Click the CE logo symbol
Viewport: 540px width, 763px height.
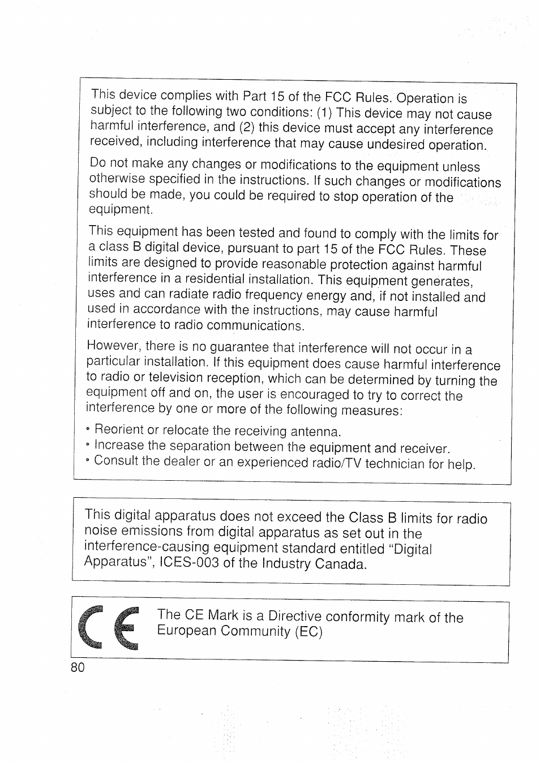point(111,630)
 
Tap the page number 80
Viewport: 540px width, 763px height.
point(78,667)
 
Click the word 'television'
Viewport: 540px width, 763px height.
point(175,377)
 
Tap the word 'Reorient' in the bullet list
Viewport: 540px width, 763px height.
point(119,430)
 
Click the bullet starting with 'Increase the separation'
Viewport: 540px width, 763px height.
point(272,447)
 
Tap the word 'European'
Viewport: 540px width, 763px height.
point(187,631)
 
